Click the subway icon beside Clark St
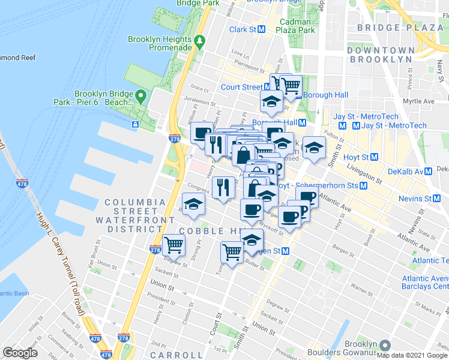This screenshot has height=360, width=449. (x=261, y=29)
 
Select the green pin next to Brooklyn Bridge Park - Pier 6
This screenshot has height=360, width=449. (x=140, y=96)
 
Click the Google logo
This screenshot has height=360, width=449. (x=20, y=352)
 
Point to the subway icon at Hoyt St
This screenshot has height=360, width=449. (x=374, y=157)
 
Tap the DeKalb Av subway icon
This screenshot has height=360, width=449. (x=428, y=171)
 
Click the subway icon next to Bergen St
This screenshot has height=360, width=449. (x=286, y=250)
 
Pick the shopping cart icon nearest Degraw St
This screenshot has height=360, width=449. (x=173, y=244)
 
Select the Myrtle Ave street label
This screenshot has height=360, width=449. (x=420, y=101)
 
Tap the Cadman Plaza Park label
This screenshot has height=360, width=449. (x=297, y=26)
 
